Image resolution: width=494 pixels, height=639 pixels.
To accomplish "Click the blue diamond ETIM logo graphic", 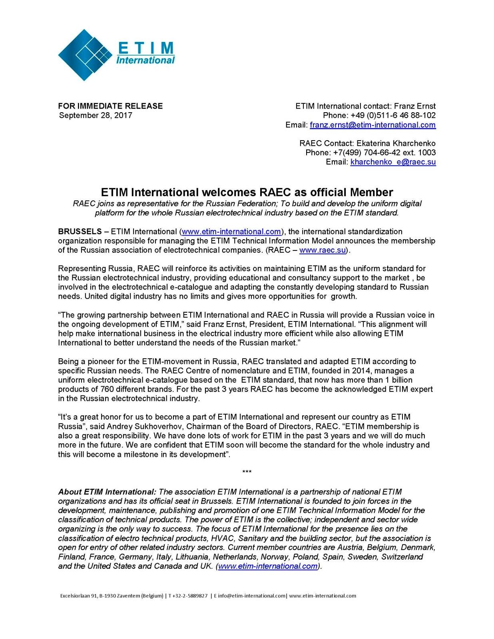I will (85, 55).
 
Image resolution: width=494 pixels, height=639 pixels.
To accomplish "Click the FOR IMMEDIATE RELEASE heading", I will (110, 106).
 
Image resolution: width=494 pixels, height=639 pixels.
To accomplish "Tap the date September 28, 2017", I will (96, 115).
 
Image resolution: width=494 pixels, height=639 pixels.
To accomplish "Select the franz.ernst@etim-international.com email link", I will (372, 125).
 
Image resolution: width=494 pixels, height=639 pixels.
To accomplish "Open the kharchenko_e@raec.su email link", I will (393, 162).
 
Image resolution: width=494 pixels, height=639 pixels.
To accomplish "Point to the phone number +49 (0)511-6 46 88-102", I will (393, 115).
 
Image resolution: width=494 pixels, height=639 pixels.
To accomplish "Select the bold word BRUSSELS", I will (80, 232).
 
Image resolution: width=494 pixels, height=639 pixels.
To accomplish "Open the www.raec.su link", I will (322, 250).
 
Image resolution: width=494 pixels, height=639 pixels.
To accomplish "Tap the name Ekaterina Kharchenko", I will (396, 143).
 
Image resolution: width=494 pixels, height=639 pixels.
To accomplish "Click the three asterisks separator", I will (247, 472).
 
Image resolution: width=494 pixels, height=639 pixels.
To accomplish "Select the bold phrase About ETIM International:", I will (107, 492).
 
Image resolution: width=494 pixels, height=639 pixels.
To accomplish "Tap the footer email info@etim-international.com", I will (252, 596).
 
